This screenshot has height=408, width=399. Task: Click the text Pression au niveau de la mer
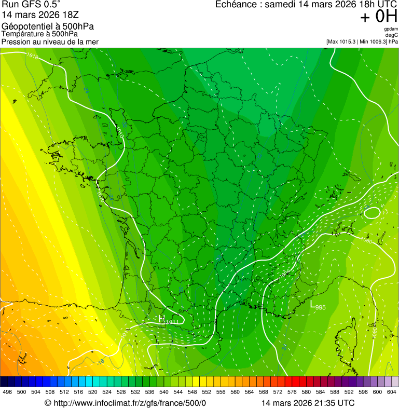coord(50,42)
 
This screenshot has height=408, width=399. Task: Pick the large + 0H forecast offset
coord(378,17)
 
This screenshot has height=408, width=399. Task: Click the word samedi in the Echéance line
coord(281,5)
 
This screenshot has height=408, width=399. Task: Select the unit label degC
coord(392,35)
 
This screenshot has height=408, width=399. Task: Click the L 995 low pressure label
coord(318,307)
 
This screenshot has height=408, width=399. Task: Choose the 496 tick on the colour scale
coord(7,392)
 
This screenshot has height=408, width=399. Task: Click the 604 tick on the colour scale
coord(392,392)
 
